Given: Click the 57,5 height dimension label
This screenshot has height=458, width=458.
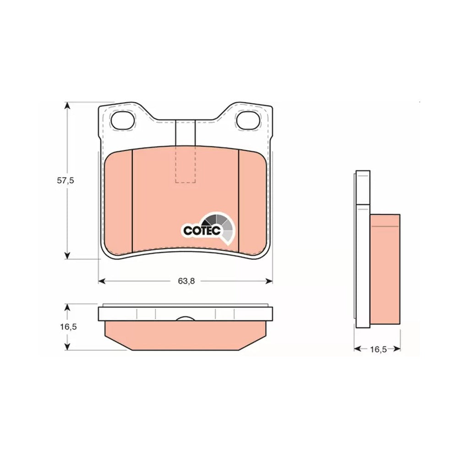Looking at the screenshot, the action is [65, 180].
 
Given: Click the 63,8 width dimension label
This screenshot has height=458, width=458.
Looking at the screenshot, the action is [186, 281].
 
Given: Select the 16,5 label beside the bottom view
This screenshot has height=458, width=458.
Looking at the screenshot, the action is [68, 327].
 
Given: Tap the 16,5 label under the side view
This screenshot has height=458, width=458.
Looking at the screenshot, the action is [378, 349].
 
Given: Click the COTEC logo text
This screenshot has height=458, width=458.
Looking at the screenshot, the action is [202, 230].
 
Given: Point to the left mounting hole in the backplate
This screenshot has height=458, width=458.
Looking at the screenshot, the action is [123, 120].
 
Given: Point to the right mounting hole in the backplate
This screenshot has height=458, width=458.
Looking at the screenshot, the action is [248, 120].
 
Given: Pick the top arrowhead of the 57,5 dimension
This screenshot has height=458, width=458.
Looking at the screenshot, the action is [67, 105].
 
